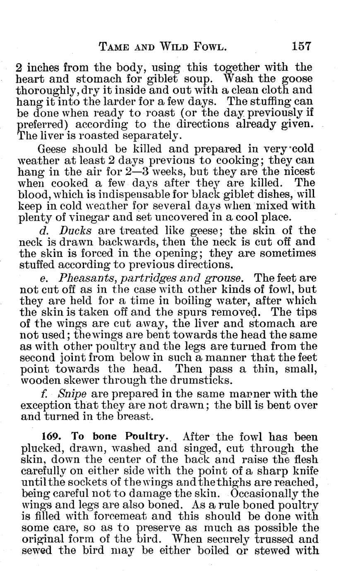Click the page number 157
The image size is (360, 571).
click(x=301, y=46)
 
